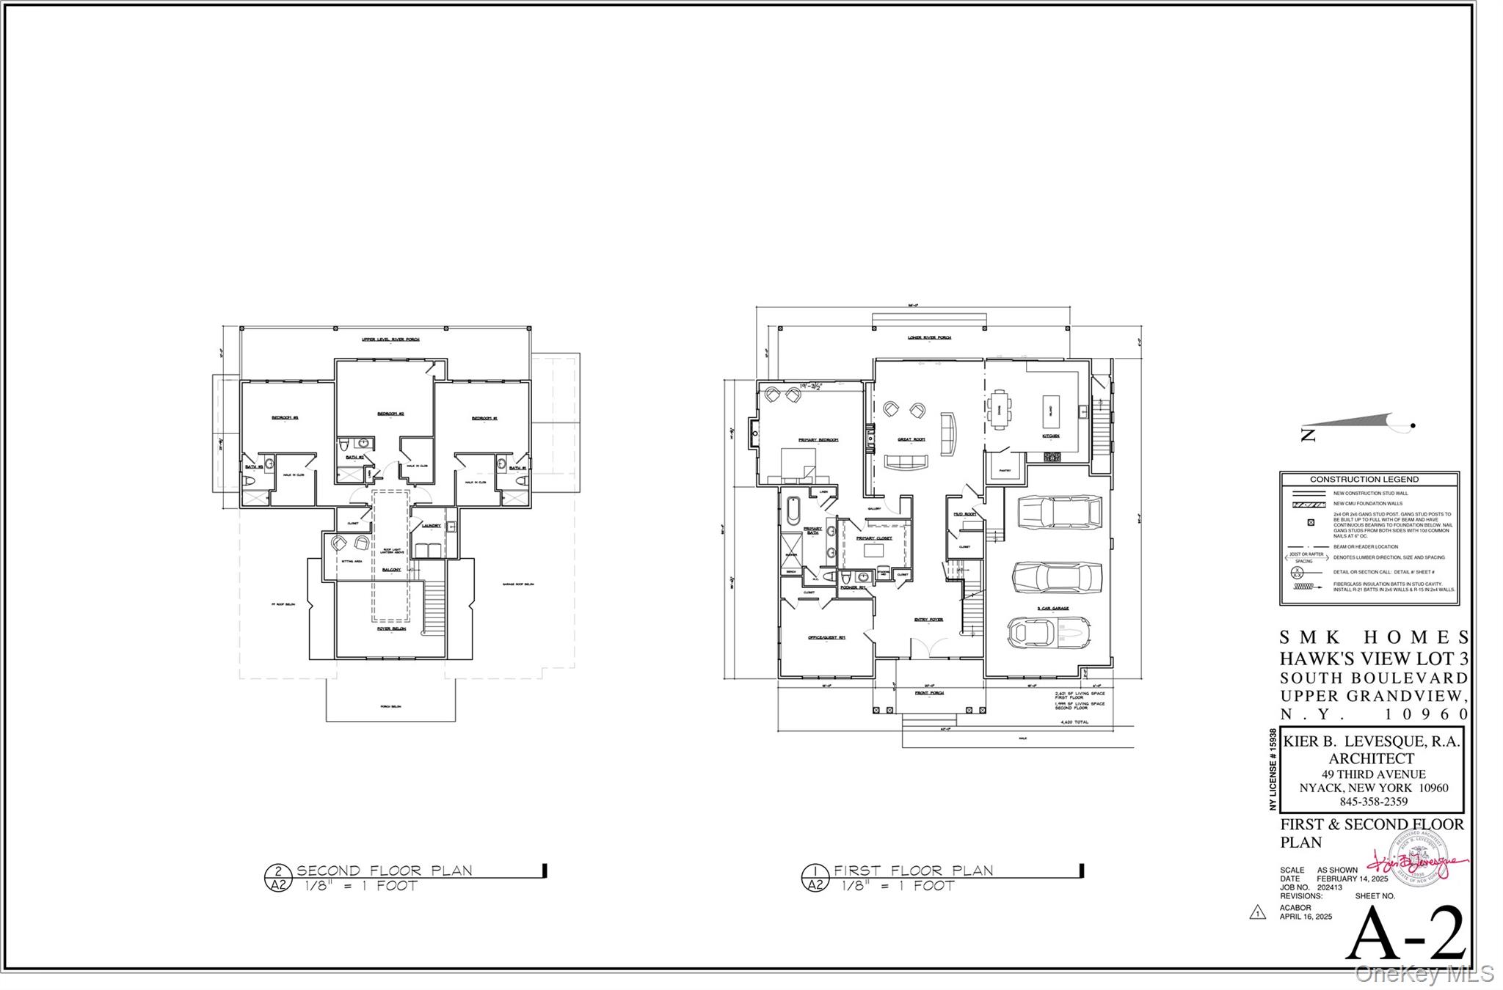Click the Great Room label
point(911,439)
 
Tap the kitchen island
point(1050,411)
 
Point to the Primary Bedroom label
point(818,440)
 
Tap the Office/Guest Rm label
point(826,637)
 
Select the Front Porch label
point(929,692)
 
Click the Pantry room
point(1005,469)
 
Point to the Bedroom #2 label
point(390,414)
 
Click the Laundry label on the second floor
point(432,525)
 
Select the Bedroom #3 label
point(285,418)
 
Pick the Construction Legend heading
point(1364,479)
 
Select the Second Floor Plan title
point(384,870)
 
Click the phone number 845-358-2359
point(1373,802)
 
